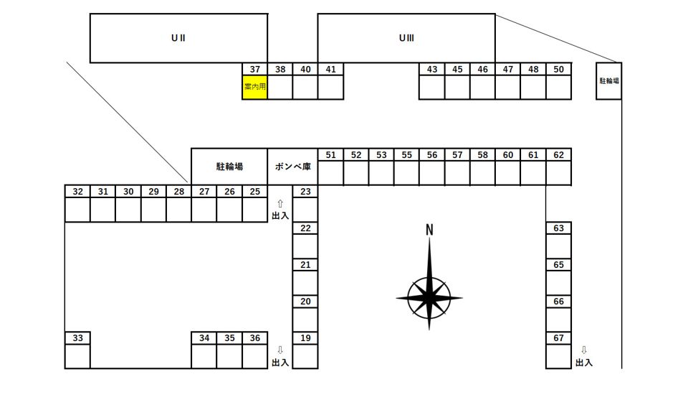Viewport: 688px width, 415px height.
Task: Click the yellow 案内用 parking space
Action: [x=255, y=87]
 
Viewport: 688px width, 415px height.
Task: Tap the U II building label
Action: [x=178, y=38]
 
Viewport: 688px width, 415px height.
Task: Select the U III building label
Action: [x=406, y=38]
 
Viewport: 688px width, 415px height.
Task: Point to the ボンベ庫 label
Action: [x=292, y=167]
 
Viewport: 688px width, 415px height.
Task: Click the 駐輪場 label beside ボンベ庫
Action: [x=229, y=167]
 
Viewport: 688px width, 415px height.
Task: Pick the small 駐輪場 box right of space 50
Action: [x=609, y=81]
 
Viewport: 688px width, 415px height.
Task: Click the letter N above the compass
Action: [x=429, y=230]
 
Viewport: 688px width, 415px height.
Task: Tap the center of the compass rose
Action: [x=429, y=298]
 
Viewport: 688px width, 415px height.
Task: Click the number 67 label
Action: [x=558, y=338]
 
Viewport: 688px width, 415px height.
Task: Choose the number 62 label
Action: [x=558, y=155]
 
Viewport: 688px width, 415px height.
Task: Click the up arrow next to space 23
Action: [x=280, y=204]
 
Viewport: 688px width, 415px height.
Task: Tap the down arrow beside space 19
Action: [x=280, y=350]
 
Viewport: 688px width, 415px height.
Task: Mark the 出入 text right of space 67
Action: [x=584, y=363]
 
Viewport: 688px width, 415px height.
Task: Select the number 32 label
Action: [x=77, y=192]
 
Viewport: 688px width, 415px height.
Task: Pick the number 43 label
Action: [x=432, y=70]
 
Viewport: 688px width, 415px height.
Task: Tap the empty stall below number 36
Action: [x=255, y=356]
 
